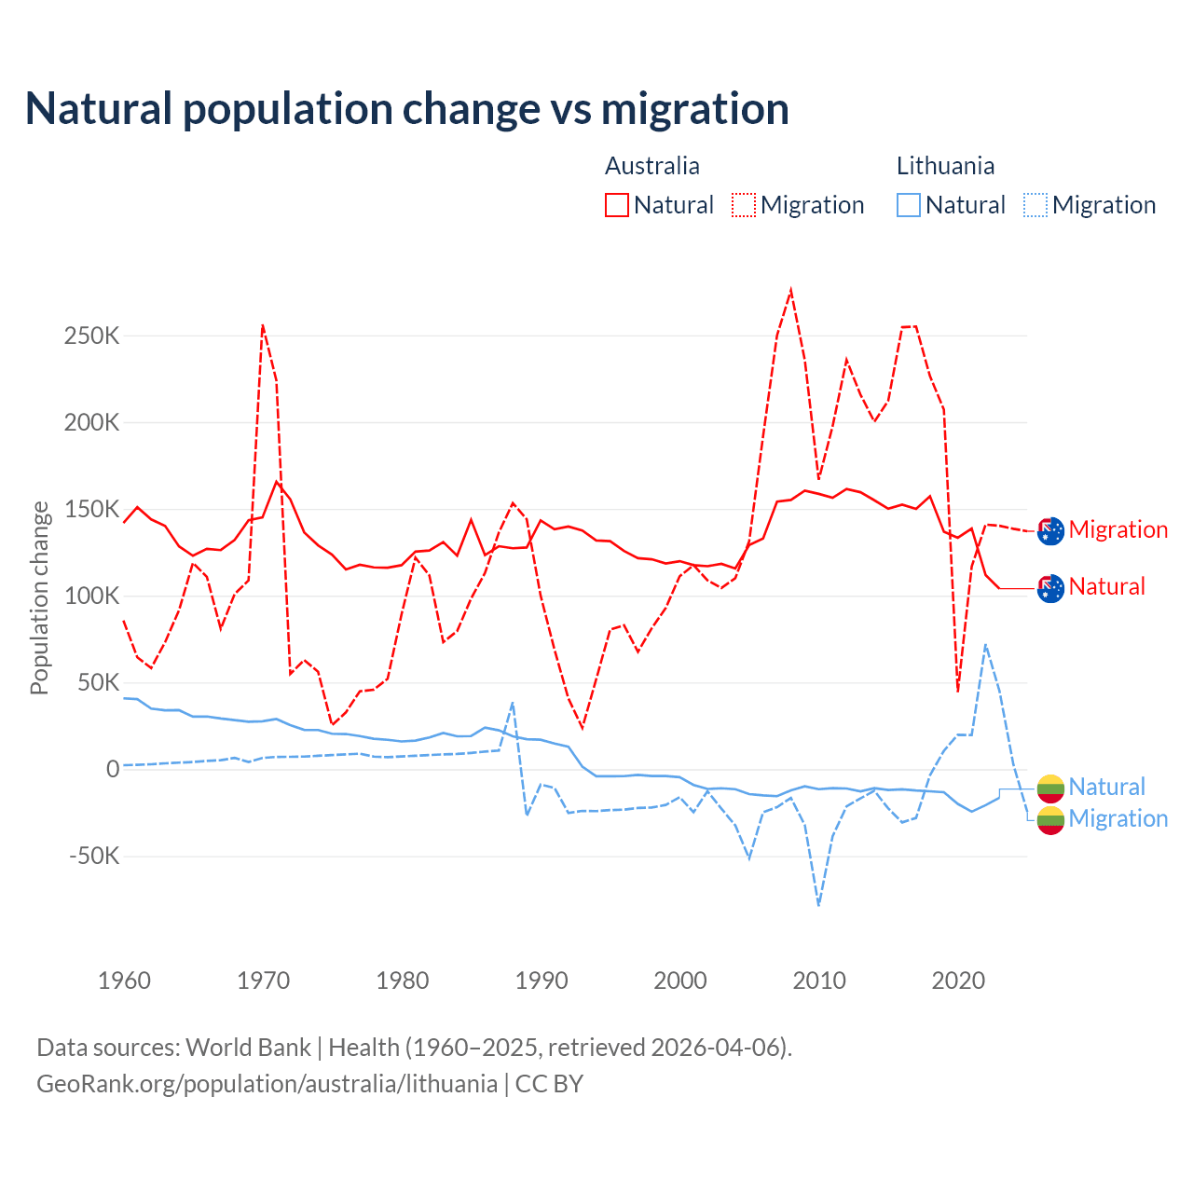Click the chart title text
tap(407, 109)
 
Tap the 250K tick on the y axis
tap(92, 336)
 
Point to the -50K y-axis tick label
tap(94, 856)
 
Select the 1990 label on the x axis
tap(542, 980)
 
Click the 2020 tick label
tap(958, 980)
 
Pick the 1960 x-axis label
tap(124, 980)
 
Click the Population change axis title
tap(39, 597)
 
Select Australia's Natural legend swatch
tap(617, 205)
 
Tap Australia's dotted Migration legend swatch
tap(744, 205)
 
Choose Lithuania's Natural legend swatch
tap(909, 205)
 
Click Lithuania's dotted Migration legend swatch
tap(1035, 205)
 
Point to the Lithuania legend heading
tap(945, 166)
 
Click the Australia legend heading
tap(652, 166)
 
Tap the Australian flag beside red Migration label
tap(1050, 530)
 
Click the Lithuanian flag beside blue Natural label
tap(1050, 788)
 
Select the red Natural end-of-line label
tap(1107, 587)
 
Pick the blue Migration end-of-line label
tap(1118, 819)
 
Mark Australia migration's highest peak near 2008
tap(790, 290)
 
